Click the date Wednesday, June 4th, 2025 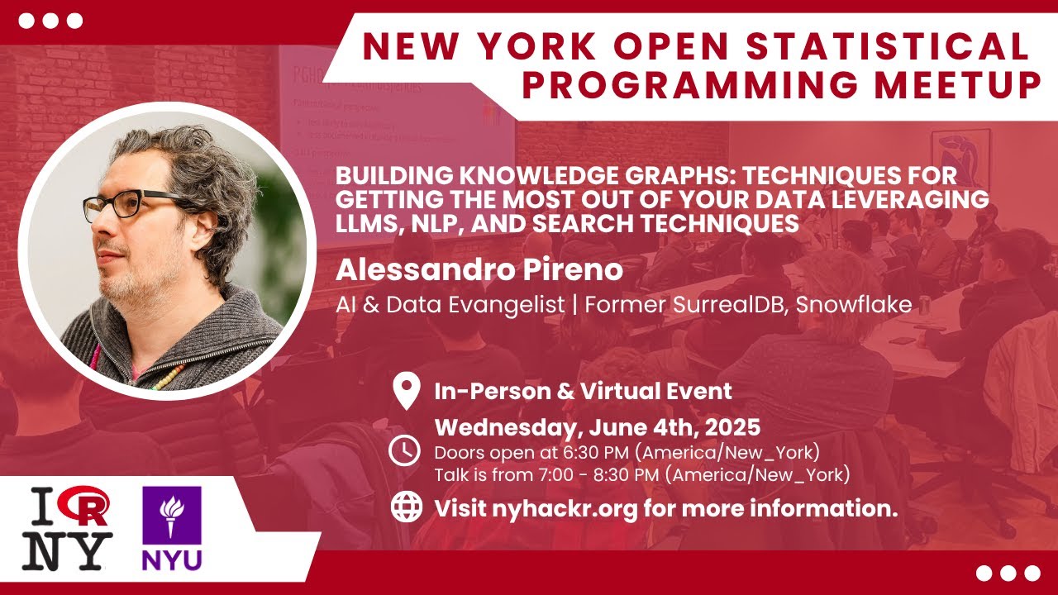[x=598, y=429]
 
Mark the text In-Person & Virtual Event [x=583, y=391]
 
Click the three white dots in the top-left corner [x=50, y=21]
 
